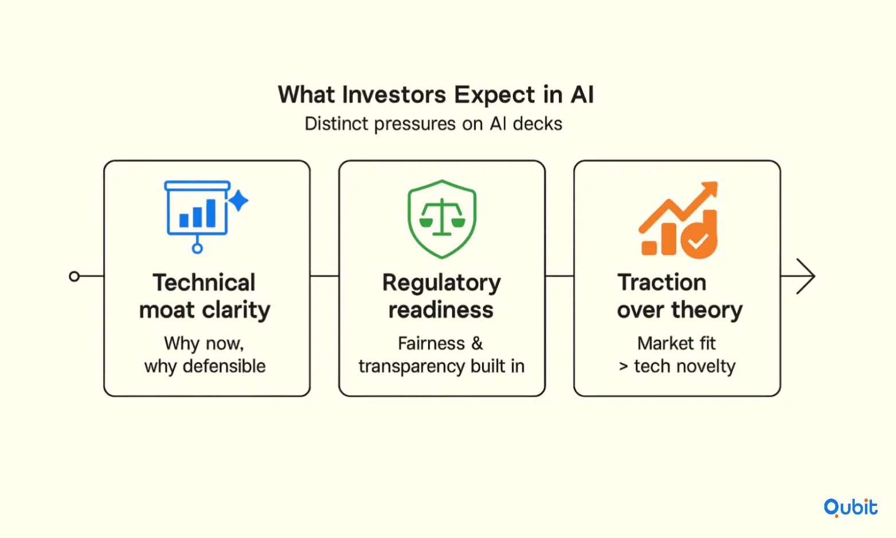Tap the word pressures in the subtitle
[x=415, y=124]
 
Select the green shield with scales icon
[x=441, y=219]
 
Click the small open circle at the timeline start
[x=74, y=276]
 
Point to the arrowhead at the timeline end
[x=805, y=276]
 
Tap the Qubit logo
[x=850, y=508]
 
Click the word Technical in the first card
[x=204, y=283]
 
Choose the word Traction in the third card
[x=662, y=283]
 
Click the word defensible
[x=224, y=366]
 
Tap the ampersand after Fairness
[x=477, y=344]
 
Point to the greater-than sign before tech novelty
[x=623, y=367]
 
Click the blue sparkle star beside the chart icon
[x=238, y=201]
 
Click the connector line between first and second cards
[x=324, y=276]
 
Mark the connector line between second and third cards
[x=559, y=276]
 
